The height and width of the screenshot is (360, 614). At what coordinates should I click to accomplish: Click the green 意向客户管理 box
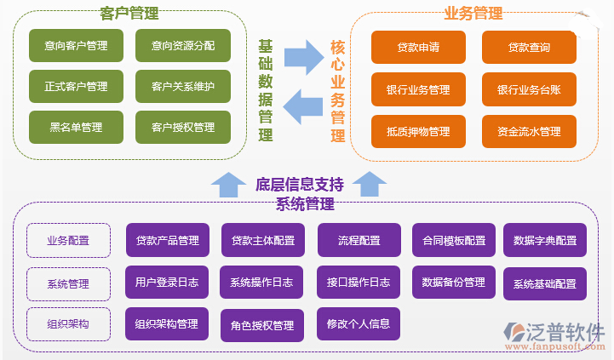point(76,45)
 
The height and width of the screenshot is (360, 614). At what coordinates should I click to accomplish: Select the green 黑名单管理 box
point(76,128)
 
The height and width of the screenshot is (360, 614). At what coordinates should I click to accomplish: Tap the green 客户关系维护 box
point(183,86)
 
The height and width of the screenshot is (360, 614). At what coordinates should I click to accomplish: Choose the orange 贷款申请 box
point(418,48)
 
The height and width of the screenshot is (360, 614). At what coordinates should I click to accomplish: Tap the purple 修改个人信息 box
point(359,324)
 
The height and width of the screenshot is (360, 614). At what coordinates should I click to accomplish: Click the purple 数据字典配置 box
point(544,241)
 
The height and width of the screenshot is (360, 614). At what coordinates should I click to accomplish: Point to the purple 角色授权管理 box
point(262,325)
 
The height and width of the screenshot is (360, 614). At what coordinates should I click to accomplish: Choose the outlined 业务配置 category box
point(68,241)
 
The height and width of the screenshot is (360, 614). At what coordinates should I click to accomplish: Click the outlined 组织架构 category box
point(68,324)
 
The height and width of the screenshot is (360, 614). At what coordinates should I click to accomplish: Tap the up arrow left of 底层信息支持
point(227,184)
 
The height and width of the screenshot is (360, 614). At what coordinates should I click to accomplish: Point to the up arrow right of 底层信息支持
point(370,184)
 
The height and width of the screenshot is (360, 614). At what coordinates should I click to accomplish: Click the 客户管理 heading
point(129,14)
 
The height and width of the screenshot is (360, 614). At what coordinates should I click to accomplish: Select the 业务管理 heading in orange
point(473,14)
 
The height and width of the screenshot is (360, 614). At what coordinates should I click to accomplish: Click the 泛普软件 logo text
point(563,331)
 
